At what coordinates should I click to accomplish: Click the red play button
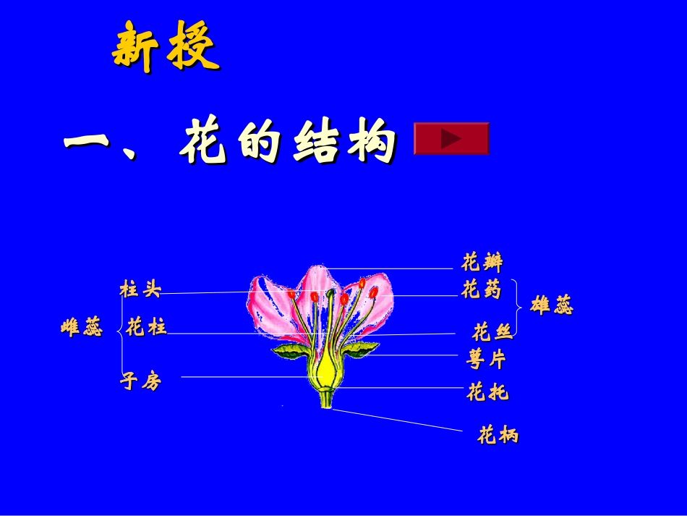coord(451,138)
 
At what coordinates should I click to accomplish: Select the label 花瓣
coord(482,261)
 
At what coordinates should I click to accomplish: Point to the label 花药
coord(481,290)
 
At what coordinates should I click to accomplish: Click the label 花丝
coord(492,332)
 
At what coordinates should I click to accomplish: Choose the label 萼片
coord(487,359)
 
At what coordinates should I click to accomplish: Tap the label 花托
coord(487,393)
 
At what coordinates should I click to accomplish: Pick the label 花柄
coord(498,436)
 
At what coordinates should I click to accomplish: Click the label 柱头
coord(140,290)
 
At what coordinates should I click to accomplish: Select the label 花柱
coord(146,328)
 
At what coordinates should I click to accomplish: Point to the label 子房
coord(140,381)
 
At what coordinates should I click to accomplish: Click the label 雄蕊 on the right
coord(552,306)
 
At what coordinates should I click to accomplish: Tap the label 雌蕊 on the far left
coord(82,329)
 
